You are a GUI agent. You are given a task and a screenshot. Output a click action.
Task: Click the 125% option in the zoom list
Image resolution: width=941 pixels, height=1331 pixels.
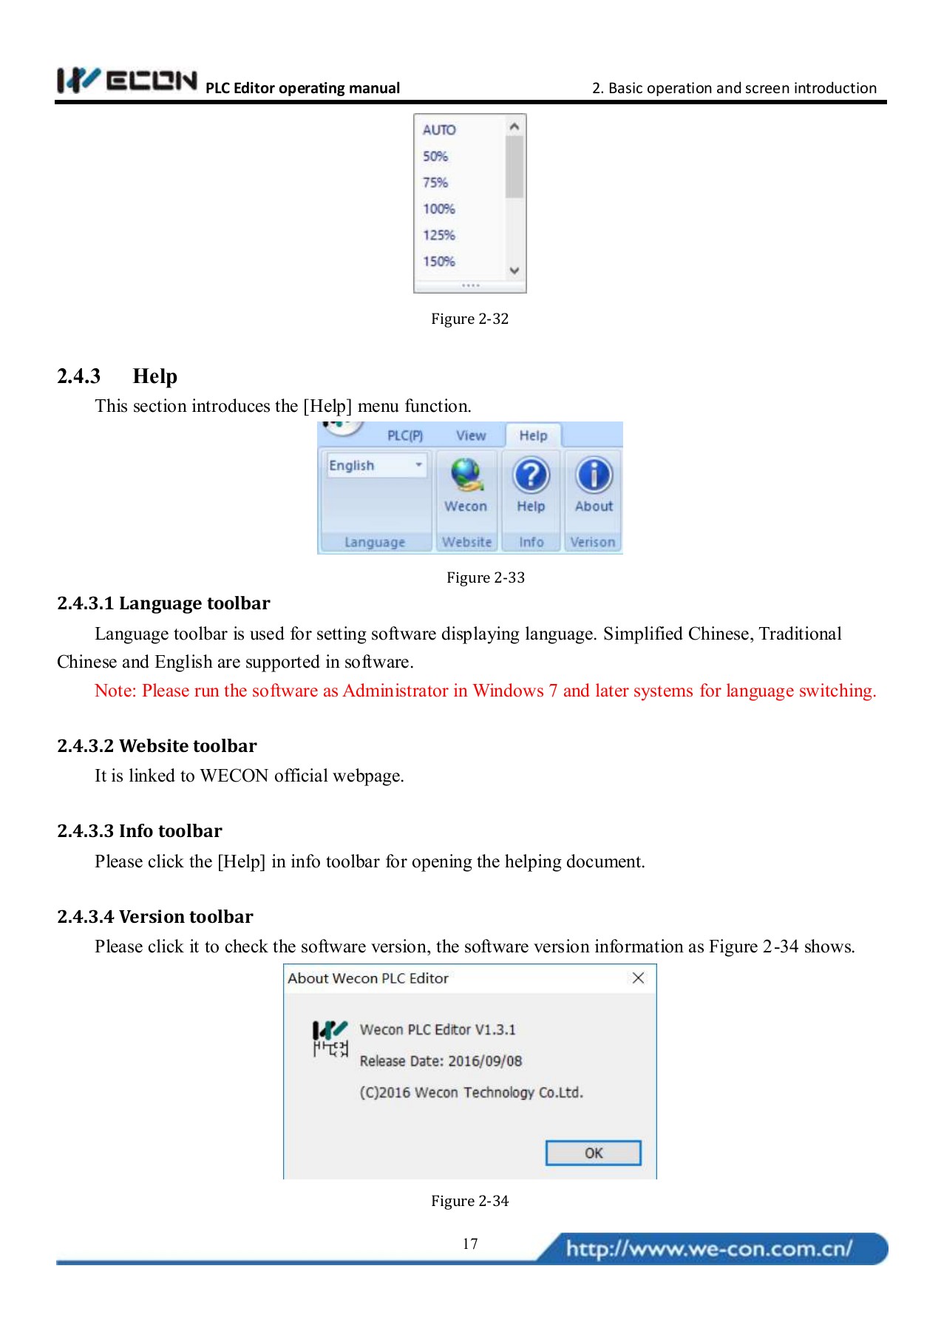439,235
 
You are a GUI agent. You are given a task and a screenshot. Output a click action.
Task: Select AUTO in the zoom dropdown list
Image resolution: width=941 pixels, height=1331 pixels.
439,130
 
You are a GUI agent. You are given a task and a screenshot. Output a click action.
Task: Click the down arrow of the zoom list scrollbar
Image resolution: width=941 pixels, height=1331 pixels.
514,271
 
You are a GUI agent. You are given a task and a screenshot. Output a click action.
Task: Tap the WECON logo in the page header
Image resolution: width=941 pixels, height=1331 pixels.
127,81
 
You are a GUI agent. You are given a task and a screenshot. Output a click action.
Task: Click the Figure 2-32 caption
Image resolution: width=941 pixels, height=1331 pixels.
469,319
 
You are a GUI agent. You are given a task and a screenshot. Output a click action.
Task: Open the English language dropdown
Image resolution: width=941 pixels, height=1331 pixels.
418,465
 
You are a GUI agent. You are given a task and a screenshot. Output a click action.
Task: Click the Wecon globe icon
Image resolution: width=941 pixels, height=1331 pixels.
466,475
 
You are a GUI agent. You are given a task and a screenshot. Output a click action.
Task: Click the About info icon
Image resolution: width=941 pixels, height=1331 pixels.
594,475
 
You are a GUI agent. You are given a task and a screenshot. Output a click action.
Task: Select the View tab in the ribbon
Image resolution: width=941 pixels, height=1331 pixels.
471,436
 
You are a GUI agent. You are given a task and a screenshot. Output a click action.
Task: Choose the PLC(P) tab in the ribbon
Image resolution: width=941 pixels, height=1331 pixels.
405,436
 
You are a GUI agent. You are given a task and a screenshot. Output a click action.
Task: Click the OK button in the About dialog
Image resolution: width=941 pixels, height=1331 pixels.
593,1153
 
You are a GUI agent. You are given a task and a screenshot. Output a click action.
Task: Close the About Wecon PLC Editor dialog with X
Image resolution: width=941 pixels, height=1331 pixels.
638,978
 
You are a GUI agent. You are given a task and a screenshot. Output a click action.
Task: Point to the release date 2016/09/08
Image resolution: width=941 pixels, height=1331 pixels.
485,1061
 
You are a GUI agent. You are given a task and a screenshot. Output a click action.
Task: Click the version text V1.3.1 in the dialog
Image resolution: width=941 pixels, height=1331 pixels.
495,1030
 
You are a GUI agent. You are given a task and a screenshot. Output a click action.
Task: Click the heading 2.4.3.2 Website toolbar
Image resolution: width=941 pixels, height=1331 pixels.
157,745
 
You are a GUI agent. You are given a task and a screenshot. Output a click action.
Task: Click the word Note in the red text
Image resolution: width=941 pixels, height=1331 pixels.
115,691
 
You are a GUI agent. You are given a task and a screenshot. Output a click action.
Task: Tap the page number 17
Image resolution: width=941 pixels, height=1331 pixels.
470,1244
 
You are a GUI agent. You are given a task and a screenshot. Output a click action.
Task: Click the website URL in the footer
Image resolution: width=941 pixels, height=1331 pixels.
709,1249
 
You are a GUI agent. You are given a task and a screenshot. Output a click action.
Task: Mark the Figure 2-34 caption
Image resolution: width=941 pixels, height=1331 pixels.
469,1201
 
